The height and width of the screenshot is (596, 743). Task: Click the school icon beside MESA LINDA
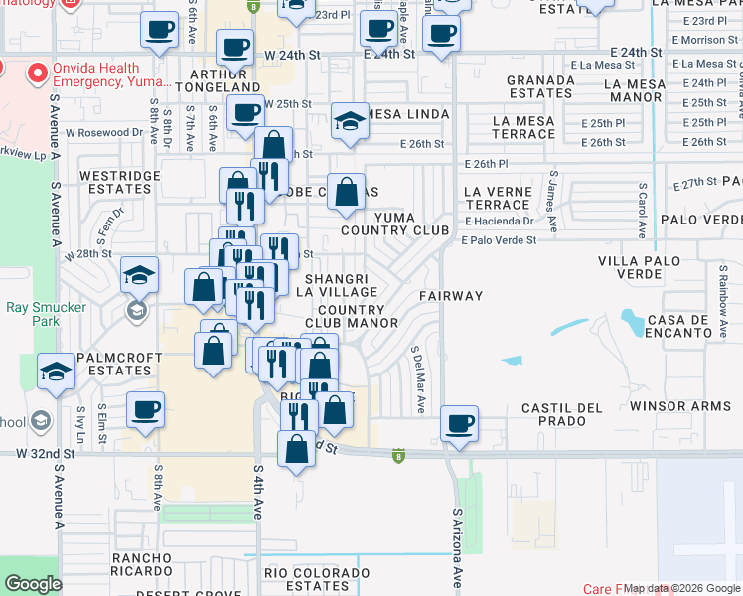348,122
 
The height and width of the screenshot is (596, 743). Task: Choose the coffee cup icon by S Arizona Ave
459,424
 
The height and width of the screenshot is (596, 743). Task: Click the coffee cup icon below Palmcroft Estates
145,408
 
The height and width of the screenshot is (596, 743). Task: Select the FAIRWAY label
450,296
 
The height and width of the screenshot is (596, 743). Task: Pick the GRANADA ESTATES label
539,87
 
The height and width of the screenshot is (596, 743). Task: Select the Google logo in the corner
33,583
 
